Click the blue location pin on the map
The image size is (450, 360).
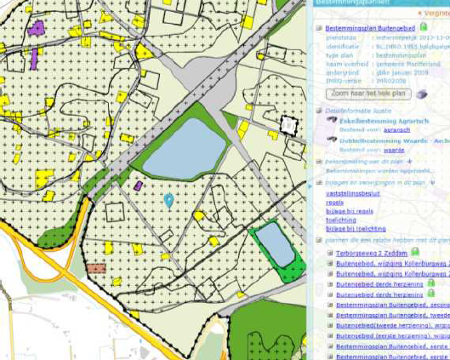(168, 200)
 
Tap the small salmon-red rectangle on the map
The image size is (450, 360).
(96, 267)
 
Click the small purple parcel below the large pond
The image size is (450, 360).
(138, 185)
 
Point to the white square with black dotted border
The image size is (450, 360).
(288, 126)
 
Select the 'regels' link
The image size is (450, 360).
(335, 203)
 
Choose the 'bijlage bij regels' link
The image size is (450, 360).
(349, 211)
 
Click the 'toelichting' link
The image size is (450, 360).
(341, 220)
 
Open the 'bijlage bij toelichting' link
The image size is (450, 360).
(356, 228)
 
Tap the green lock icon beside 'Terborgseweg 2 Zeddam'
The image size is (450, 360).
(415, 252)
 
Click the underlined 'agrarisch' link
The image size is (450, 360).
(372, 129)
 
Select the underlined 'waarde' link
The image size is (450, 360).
(369, 149)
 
